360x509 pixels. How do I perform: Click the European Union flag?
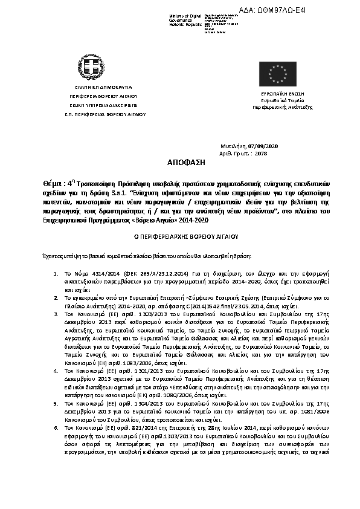[x=278, y=74]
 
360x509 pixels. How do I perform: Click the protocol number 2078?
[x=261, y=154]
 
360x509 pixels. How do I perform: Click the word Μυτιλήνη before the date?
[x=231, y=147]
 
